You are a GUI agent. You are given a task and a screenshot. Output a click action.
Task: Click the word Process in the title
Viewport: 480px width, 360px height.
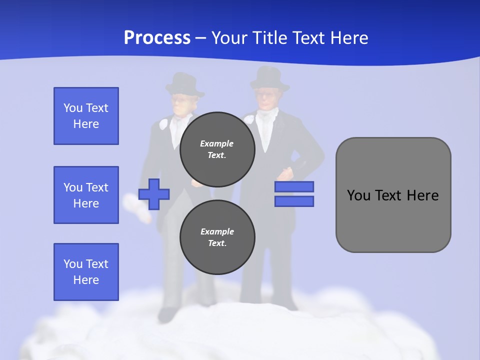point(157,37)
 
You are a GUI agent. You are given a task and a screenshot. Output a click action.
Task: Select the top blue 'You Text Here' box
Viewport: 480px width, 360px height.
point(86,116)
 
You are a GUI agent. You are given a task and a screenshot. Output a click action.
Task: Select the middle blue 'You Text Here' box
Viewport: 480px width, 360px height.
point(86,195)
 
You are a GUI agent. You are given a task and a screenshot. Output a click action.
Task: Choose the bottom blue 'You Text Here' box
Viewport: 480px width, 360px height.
point(86,272)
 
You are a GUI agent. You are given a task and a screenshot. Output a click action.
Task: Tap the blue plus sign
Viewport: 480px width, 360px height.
point(154,194)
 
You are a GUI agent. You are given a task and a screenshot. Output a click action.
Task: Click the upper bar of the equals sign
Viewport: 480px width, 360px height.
point(294,186)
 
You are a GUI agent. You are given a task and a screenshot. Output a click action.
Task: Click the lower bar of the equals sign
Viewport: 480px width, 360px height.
point(294,201)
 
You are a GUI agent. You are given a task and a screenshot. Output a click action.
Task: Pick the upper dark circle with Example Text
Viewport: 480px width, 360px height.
point(217,149)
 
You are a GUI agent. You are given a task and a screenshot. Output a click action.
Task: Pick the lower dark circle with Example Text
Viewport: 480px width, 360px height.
point(217,237)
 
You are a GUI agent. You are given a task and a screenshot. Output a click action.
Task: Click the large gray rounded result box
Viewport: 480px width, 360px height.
point(393,195)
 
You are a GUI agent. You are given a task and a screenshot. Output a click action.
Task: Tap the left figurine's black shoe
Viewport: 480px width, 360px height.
point(166,314)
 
